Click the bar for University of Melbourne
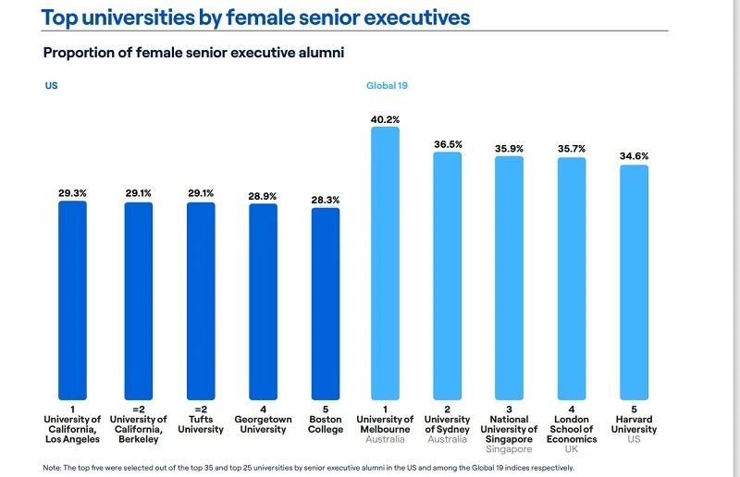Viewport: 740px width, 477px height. (x=385, y=263)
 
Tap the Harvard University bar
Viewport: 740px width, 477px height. (x=634, y=282)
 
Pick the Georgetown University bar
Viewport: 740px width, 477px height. (x=263, y=301)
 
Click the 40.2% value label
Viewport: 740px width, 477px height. (x=385, y=119)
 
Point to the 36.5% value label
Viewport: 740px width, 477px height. (x=448, y=144)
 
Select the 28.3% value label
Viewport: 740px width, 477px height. (x=325, y=199)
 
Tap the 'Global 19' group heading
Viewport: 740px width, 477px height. (x=388, y=85)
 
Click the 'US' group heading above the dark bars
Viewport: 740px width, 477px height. (x=51, y=85)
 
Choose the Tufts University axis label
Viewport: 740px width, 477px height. (x=201, y=424)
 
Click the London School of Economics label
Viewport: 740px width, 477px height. (x=572, y=430)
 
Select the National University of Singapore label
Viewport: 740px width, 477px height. (x=509, y=430)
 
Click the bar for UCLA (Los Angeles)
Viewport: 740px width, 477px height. (x=72, y=300)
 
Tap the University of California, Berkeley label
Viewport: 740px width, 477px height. (x=139, y=429)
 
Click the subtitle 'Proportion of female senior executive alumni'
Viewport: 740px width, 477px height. (x=193, y=53)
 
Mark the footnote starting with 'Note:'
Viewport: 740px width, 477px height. (x=308, y=468)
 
